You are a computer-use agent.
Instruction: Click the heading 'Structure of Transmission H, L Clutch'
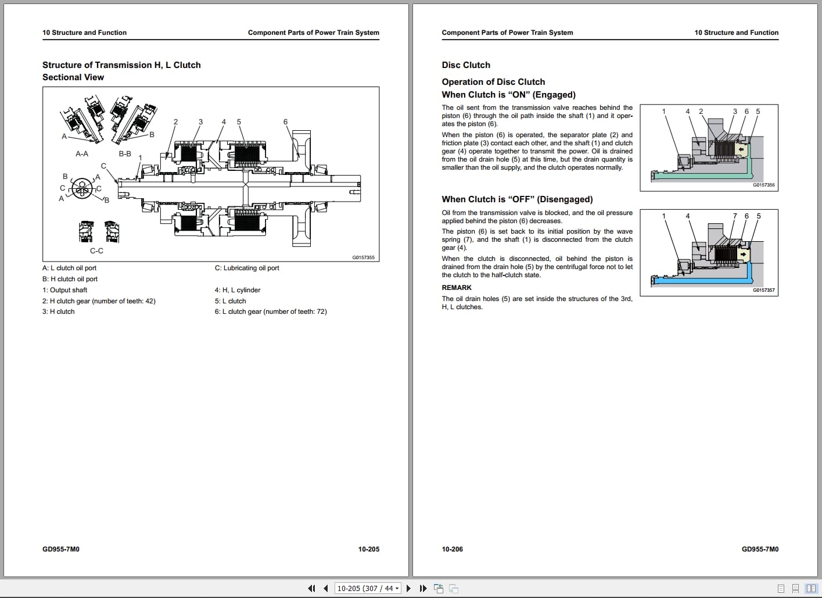point(121,65)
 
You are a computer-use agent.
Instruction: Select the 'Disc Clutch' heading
point(466,65)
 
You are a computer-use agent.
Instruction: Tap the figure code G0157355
point(364,257)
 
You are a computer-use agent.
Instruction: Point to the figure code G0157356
point(763,185)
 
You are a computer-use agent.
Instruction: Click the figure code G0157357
point(763,290)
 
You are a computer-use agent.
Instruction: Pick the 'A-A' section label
point(82,154)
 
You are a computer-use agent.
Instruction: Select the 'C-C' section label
point(96,251)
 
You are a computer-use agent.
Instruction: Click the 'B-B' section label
point(125,154)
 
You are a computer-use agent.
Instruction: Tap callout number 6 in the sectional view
point(285,122)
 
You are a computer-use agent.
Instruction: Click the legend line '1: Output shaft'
point(64,290)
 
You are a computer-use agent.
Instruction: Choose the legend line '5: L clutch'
point(230,301)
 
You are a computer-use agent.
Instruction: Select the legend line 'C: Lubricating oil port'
point(247,268)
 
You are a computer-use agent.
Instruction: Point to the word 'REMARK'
point(457,288)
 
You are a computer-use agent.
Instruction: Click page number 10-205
point(368,549)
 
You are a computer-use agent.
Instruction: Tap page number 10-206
point(453,549)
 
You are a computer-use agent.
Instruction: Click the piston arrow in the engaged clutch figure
point(741,149)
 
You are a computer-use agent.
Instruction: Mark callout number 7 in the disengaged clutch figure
point(735,216)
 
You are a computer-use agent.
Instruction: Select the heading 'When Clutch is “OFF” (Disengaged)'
point(517,199)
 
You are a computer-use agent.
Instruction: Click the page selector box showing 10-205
point(368,588)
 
